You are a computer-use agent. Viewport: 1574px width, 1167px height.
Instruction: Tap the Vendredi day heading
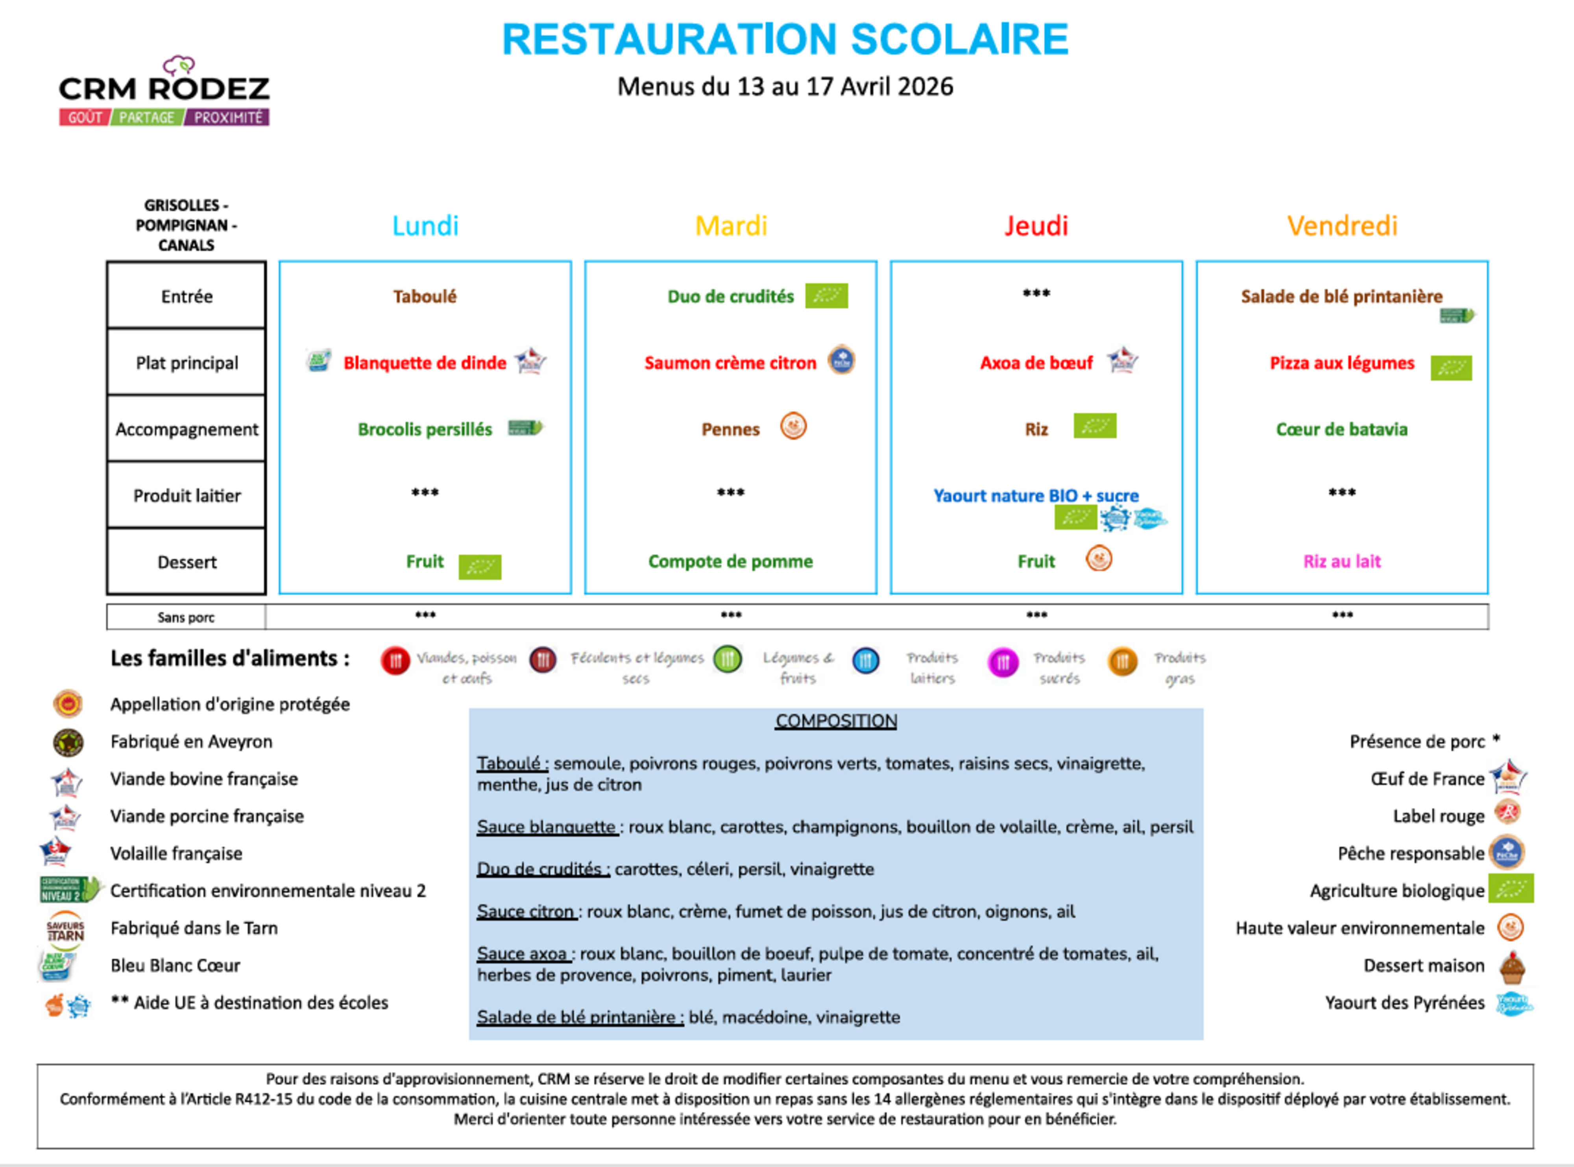1341,226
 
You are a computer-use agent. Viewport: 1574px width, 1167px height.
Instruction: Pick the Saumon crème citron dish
730,363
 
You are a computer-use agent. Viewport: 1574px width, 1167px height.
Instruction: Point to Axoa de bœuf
1036,363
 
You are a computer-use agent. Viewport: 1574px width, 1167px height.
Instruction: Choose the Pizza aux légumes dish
1341,363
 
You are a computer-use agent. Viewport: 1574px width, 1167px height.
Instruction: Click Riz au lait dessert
1341,561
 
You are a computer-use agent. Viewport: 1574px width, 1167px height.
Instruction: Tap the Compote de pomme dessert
730,561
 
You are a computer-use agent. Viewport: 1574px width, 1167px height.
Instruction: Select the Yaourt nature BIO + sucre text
1036,496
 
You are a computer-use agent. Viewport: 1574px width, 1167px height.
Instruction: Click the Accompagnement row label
187,430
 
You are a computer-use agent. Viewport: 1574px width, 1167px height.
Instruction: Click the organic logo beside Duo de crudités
827,296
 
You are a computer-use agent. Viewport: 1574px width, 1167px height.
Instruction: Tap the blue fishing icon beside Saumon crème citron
841,361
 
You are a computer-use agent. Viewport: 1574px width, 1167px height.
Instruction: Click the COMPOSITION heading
836,720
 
